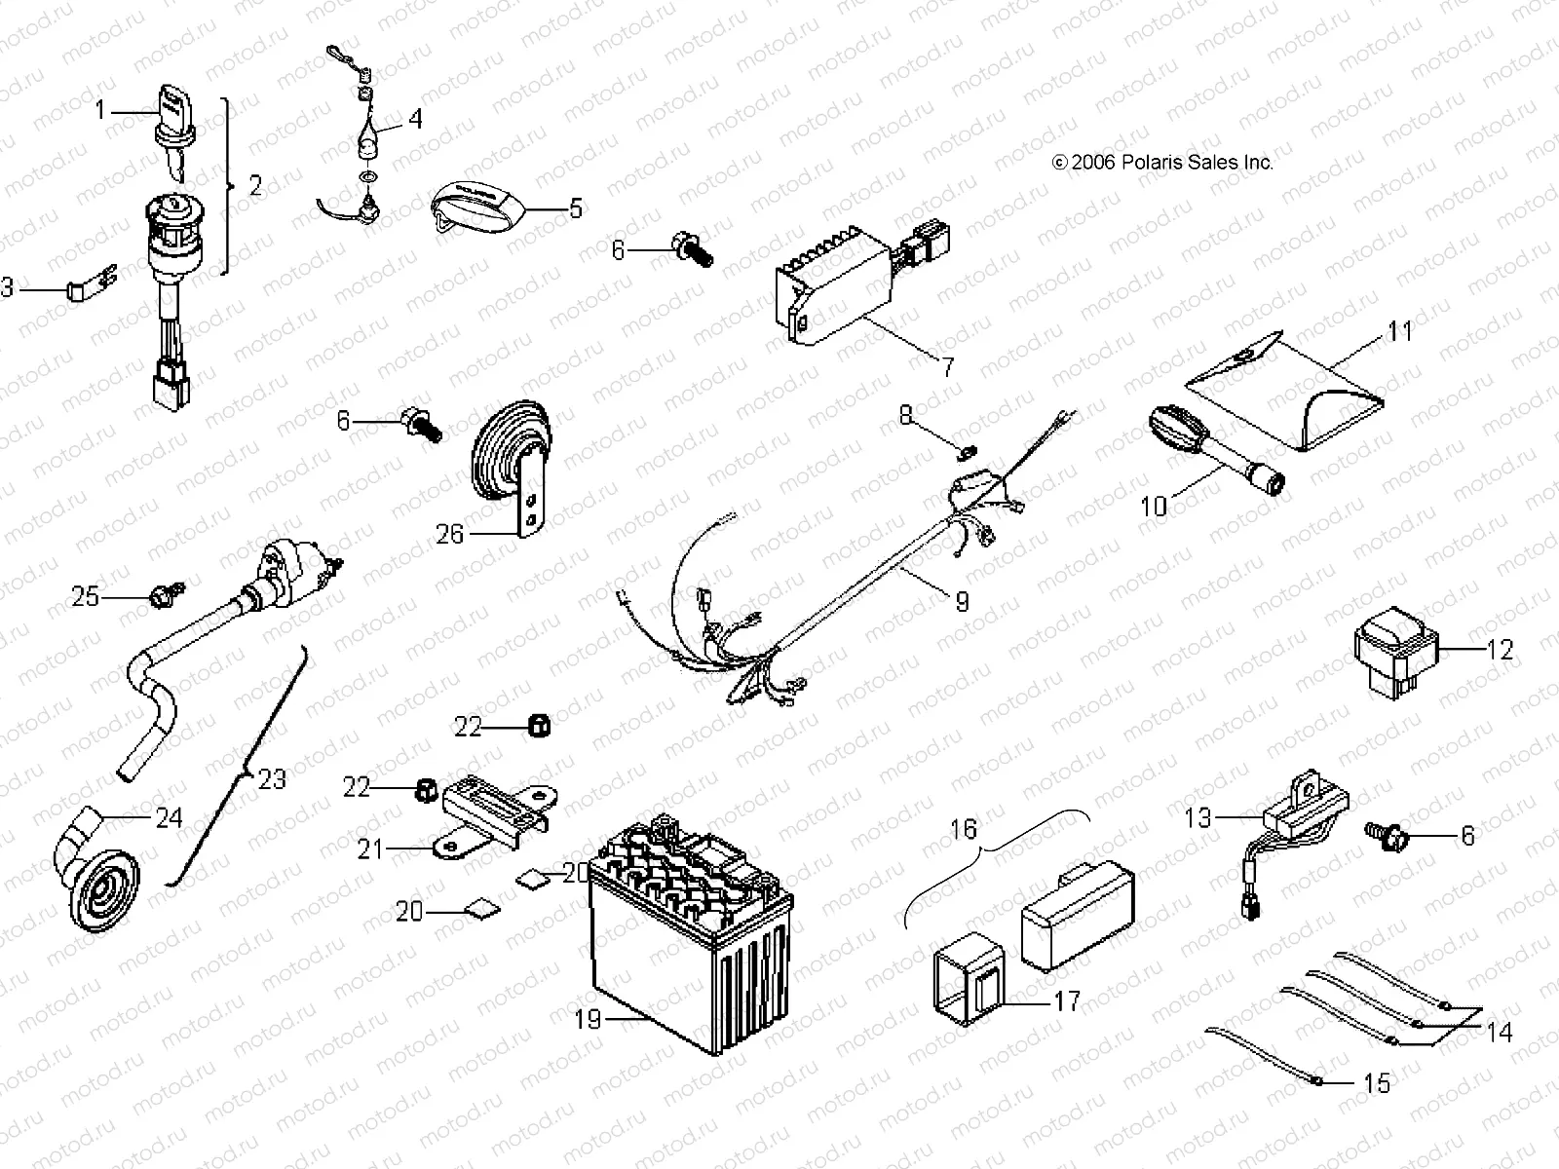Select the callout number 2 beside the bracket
255,185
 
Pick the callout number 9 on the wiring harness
962,601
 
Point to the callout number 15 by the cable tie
1377,1082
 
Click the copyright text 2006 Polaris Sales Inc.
1161,163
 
